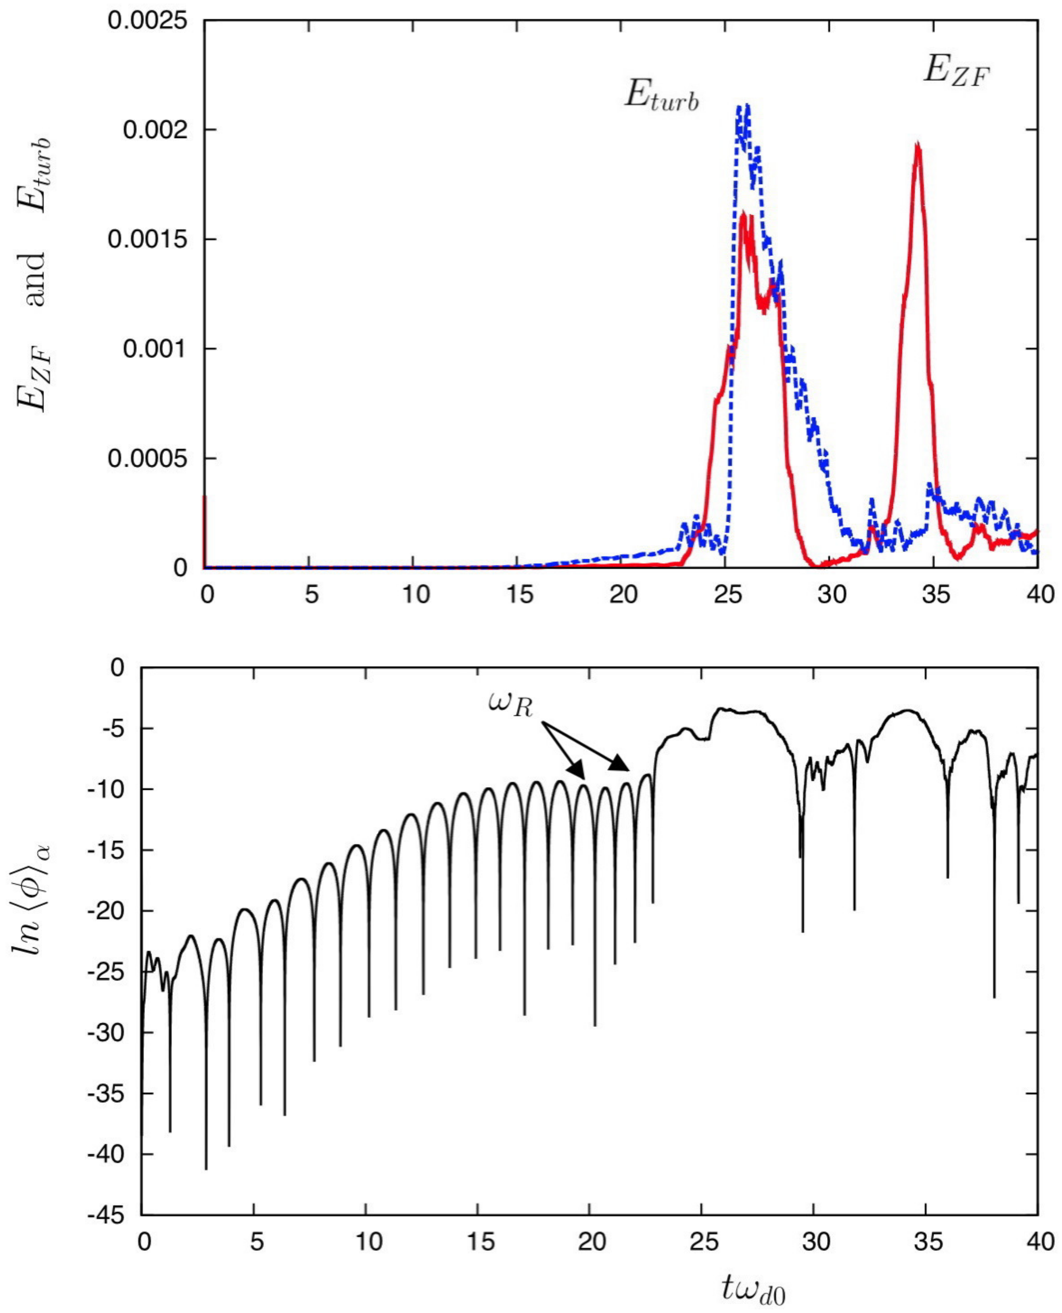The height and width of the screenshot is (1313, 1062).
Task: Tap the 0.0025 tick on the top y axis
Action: click(147, 21)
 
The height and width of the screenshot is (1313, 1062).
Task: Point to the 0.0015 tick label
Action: click(147, 239)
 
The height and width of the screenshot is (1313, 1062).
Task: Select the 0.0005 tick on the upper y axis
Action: click(147, 458)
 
